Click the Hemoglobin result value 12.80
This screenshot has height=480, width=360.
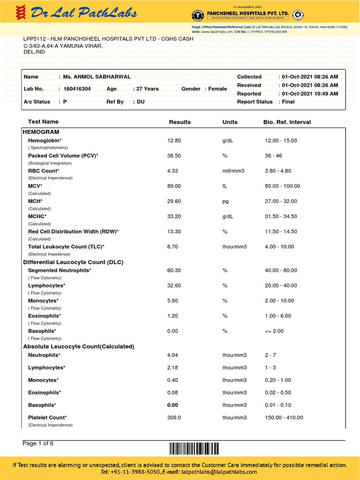[x=174, y=141]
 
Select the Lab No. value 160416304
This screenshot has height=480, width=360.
[x=77, y=89]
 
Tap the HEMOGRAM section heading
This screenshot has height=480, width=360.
[x=41, y=132]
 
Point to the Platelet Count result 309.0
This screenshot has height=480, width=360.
[x=174, y=418]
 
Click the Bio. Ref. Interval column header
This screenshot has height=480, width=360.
[x=287, y=122]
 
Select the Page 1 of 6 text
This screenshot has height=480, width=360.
[x=38, y=443]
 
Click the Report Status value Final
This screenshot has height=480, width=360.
[x=288, y=102]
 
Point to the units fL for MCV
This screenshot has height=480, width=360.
[x=225, y=186]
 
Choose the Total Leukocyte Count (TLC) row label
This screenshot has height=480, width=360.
[x=66, y=247]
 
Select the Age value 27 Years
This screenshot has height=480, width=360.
[x=147, y=89]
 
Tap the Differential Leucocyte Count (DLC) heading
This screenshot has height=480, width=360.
[x=73, y=262]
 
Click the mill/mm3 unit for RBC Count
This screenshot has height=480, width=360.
[x=234, y=171]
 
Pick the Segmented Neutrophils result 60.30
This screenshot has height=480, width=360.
[x=174, y=270]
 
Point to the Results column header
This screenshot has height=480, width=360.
[x=180, y=122]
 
